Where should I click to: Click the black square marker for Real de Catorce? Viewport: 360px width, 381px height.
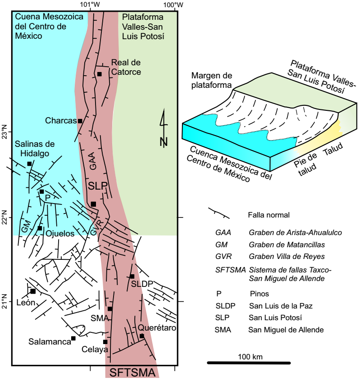(x=99, y=74)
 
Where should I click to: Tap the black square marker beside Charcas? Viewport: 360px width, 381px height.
(x=80, y=121)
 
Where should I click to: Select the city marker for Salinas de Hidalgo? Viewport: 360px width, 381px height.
(x=29, y=163)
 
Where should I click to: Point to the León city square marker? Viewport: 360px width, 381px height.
(x=33, y=291)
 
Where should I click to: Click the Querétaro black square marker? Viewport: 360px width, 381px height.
(x=141, y=336)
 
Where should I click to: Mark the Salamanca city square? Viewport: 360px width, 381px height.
(x=73, y=338)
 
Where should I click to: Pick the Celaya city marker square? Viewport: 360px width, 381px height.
(x=105, y=342)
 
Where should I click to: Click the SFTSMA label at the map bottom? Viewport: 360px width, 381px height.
(x=132, y=373)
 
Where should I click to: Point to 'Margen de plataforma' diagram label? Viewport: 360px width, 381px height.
(x=211, y=79)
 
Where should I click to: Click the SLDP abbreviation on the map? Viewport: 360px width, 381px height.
(x=142, y=284)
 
